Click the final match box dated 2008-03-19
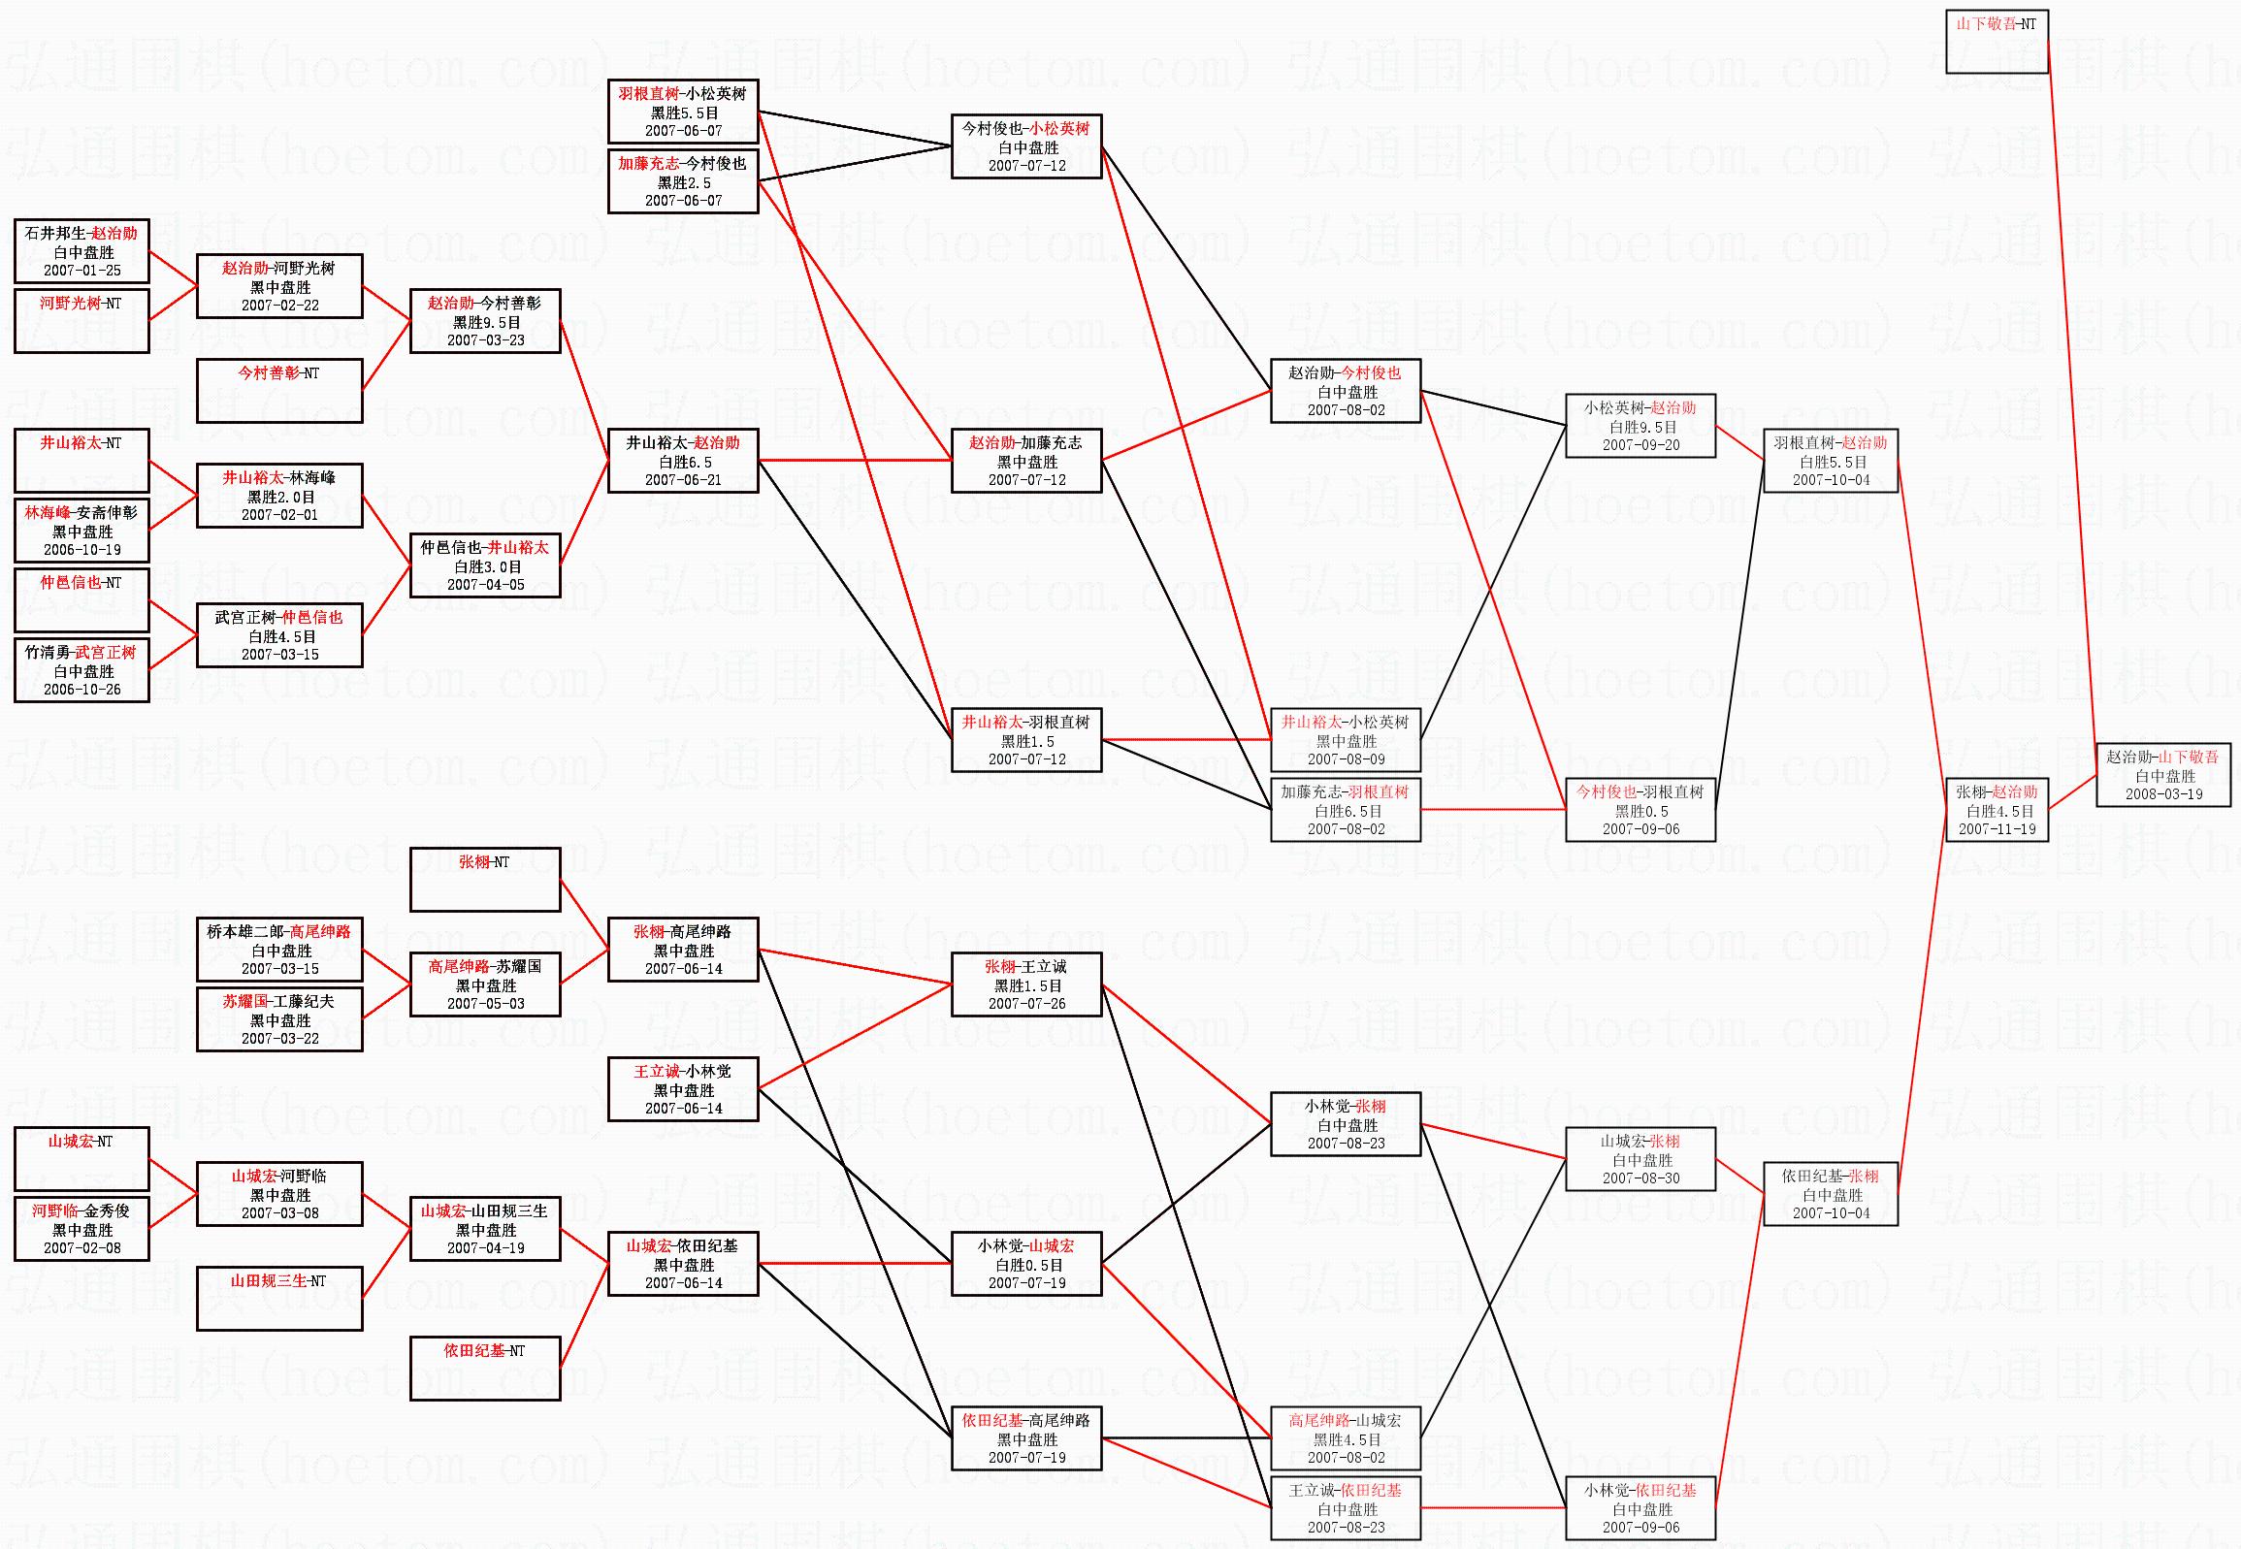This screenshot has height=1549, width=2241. point(2162,774)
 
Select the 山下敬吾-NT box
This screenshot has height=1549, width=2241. point(1997,41)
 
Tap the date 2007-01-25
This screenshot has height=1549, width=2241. point(82,271)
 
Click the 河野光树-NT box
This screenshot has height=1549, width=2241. point(81,320)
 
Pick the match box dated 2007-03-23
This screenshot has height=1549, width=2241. point(485,321)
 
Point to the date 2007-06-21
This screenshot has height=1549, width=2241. point(683,480)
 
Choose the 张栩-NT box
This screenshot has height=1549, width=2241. point(485,880)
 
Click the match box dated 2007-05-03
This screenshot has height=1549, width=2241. point(485,984)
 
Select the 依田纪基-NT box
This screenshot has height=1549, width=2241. point(485,1369)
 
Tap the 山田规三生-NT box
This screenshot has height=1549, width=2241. point(279,1299)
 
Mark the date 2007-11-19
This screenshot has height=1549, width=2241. point(1997,830)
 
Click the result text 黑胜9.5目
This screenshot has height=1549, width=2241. point(486,322)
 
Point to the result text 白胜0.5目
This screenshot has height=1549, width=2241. point(1027,1266)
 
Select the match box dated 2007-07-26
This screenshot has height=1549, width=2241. point(1026,984)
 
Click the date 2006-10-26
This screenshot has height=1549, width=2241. point(82,690)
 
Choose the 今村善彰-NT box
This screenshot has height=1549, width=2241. point(279,390)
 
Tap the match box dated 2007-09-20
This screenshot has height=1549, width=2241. point(1640,425)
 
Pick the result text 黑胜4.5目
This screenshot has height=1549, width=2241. point(1347,1440)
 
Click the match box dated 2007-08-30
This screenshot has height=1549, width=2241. point(1640,1159)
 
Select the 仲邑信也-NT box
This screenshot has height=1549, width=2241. point(81,599)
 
